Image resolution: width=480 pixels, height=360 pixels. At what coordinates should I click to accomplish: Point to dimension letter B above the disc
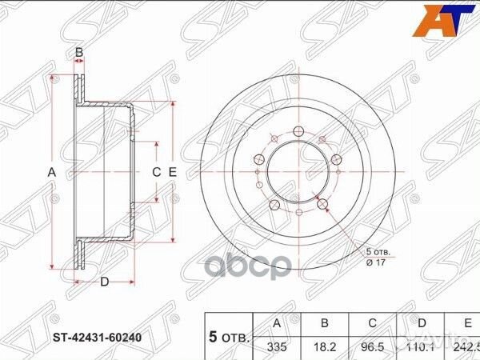coord(79,53)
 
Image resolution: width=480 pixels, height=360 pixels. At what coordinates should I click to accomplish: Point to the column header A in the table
coord(277,324)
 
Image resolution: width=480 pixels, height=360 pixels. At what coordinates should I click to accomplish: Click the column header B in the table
coord(323,324)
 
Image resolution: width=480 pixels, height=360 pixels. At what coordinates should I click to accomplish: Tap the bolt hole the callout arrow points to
coord(323,205)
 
